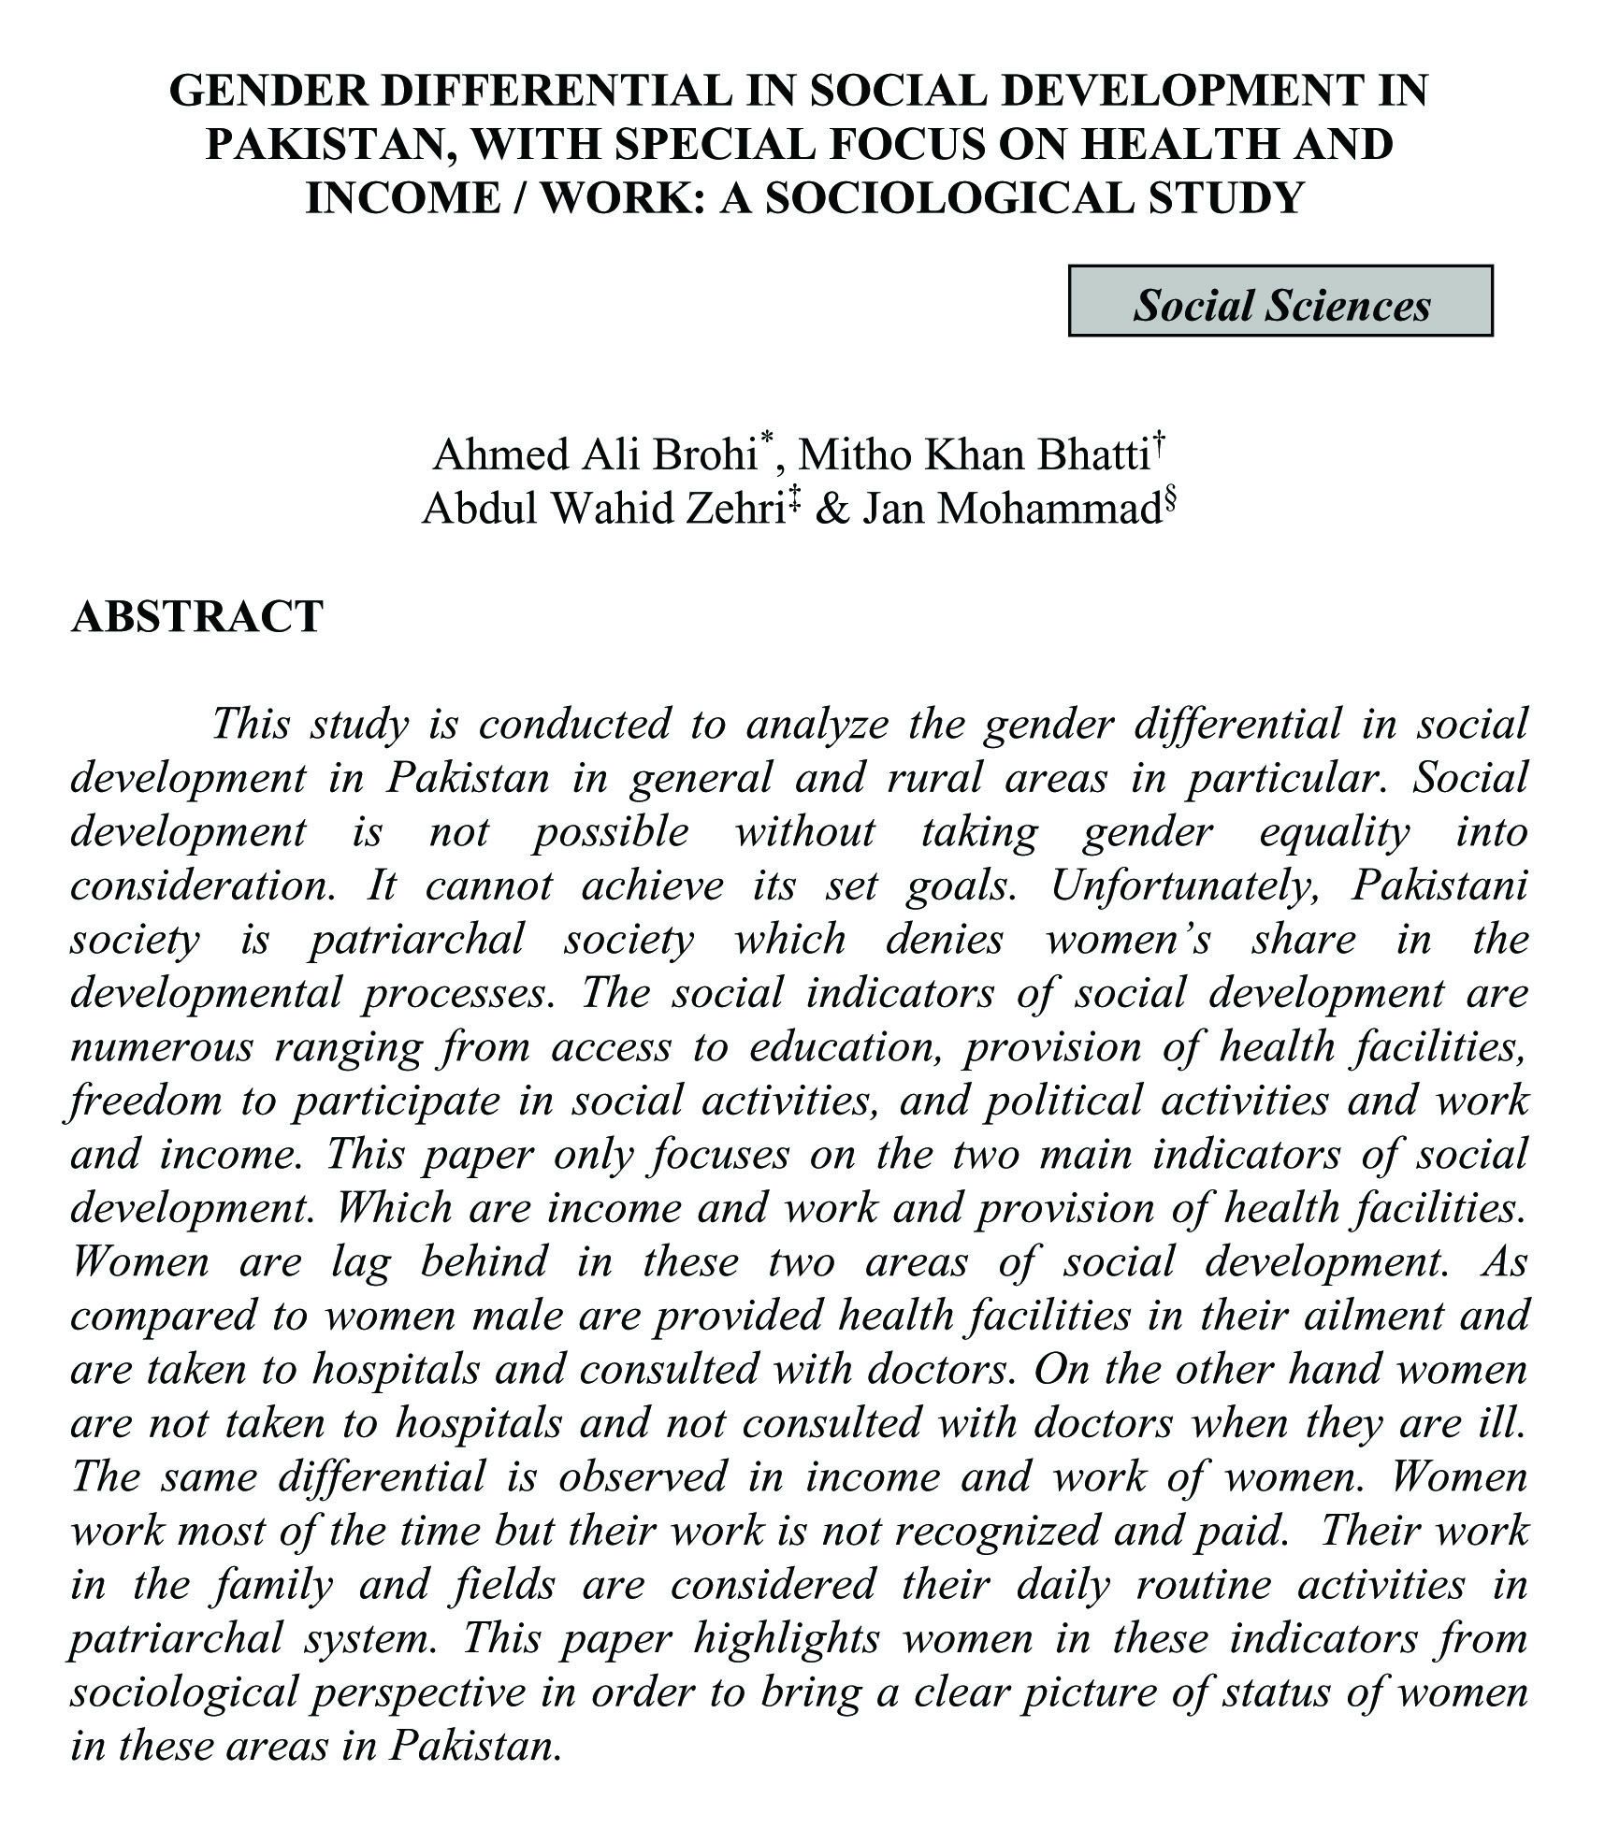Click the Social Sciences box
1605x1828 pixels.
pyautogui.click(x=1280, y=301)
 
